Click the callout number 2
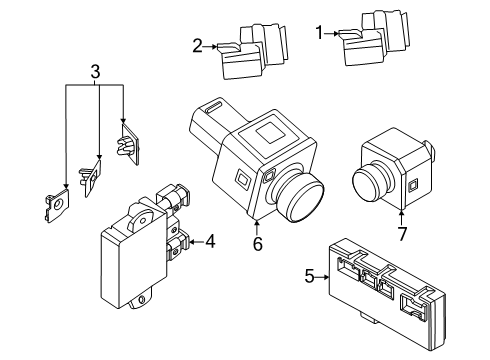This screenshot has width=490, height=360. pos(198,44)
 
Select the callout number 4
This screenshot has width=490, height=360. pos(210,241)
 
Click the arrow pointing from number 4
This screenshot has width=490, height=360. pos(194,241)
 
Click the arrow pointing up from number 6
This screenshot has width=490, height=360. pos(256,223)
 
